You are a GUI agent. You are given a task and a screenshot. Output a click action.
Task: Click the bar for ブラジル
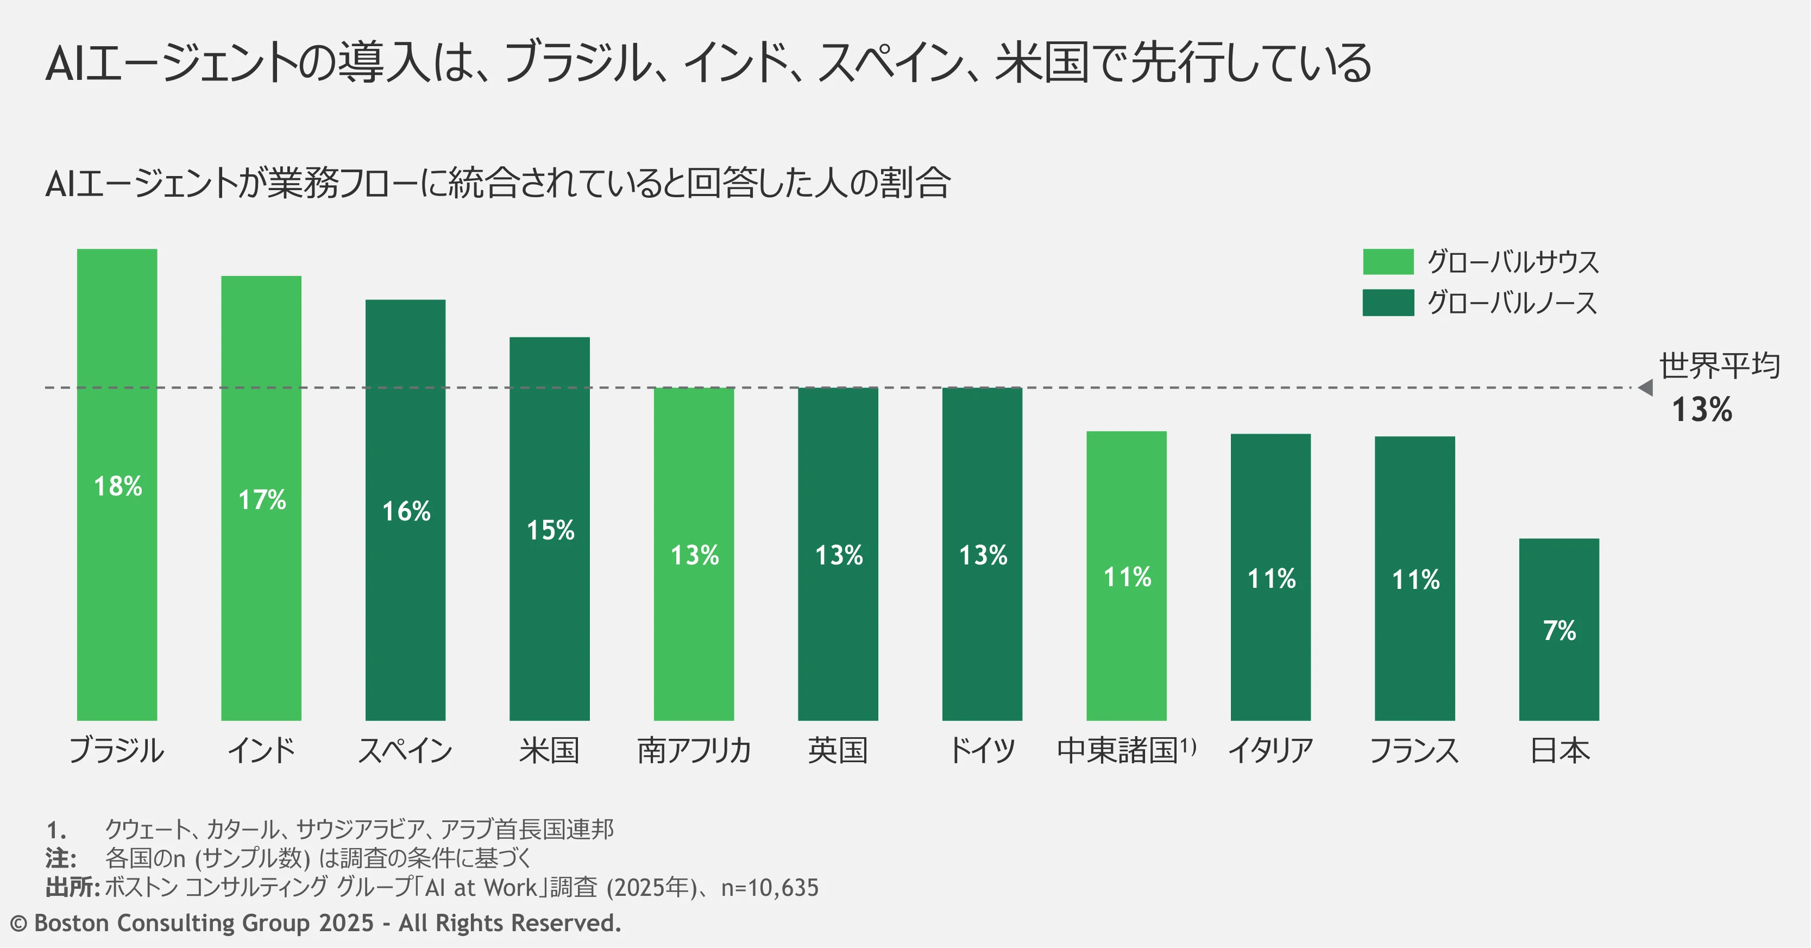point(117,485)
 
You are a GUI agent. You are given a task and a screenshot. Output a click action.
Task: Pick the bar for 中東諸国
point(1126,576)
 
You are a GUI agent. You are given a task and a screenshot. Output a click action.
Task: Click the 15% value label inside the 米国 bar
point(550,530)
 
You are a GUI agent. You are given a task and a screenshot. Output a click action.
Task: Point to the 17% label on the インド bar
point(262,500)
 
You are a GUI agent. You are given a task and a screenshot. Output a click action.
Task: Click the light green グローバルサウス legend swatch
point(1388,262)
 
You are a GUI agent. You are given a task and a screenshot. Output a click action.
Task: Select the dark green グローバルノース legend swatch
point(1388,303)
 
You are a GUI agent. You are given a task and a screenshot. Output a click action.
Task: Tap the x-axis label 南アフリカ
point(694,750)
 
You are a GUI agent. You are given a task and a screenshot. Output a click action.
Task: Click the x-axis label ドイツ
point(982,750)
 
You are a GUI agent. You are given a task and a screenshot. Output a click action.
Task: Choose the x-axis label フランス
point(1414,750)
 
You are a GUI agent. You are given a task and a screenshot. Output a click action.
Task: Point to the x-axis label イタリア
point(1271,750)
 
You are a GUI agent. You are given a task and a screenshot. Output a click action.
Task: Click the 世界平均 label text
point(1720,366)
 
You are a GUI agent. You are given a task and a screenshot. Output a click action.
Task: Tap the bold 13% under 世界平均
point(1702,409)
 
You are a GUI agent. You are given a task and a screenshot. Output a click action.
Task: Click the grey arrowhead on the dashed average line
point(1645,387)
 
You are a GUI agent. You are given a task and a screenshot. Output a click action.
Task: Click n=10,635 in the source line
point(770,888)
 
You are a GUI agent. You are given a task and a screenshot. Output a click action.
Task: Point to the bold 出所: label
point(72,888)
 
